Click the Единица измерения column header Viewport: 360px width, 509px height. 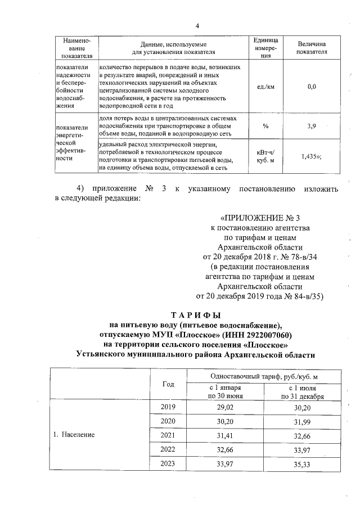click(265, 48)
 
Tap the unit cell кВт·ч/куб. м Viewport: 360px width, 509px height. click(265, 156)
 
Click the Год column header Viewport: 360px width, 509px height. click(168, 384)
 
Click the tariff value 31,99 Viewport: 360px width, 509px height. click(301, 421)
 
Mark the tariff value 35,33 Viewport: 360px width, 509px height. click(301, 463)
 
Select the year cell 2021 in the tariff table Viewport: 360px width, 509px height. click(168, 435)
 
